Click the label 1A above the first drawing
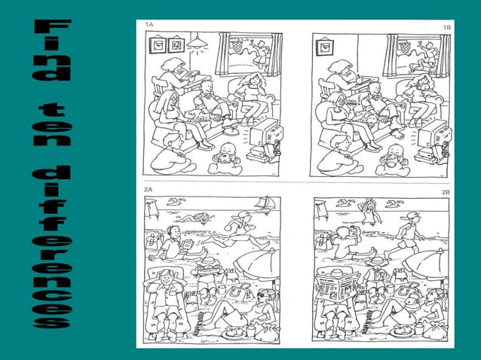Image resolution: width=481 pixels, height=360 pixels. tap(149, 24)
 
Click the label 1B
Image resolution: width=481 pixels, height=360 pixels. tap(447, 26)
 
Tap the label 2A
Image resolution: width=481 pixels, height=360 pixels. tap(149, 191)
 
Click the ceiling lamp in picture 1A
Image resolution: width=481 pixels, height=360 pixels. tap(198, 42)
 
